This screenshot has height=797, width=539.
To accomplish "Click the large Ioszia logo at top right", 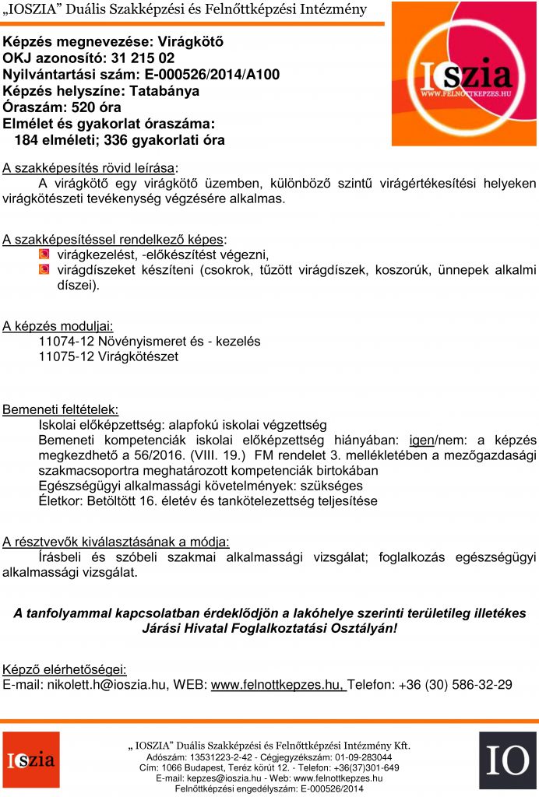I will (x=464, y=73).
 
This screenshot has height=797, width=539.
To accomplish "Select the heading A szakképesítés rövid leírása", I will (x=89, y=167).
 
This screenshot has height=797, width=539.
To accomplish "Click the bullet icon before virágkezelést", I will (x=44, y=255).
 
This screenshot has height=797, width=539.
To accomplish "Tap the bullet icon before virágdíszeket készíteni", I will (x=44, y=270).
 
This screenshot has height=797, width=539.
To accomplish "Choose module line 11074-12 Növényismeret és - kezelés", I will (x=149, y=341).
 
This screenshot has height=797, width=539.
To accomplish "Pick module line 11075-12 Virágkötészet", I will (x=108, y=356).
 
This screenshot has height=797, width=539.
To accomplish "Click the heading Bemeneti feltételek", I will (x=61, y=409).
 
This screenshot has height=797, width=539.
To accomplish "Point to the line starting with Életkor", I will (x=207, y=501).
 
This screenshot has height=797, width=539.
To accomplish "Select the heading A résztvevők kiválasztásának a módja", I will (x=116, y=542).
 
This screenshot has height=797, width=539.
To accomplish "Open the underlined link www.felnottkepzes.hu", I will (x=277, y=685).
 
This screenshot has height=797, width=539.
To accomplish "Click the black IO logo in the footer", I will (x=507, y=760).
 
